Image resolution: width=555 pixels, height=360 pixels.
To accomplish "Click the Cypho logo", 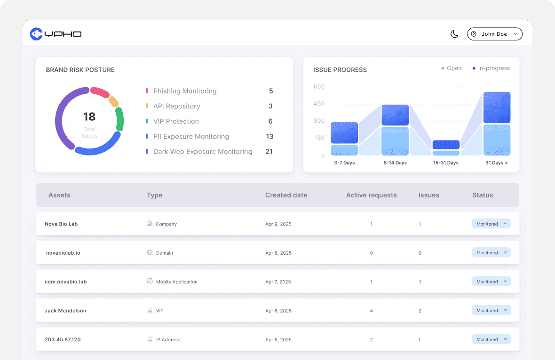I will click(55, 34).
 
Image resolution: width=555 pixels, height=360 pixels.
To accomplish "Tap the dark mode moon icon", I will click(454, 34).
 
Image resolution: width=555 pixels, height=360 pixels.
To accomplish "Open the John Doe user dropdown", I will click(494, 34).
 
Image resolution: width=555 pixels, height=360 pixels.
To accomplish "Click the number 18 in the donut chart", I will click(89, 117).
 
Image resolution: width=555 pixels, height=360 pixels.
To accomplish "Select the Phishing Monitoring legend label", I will click(185, 91).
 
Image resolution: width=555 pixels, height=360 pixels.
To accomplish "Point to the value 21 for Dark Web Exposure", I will click(269, 152).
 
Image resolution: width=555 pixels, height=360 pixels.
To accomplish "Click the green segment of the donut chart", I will click(120, 119).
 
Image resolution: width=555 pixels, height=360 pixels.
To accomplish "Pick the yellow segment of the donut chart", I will click(113, 102).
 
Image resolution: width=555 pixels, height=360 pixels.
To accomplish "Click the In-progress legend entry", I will click(493, 68).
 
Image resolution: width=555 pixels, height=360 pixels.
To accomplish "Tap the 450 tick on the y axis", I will click(319, 104).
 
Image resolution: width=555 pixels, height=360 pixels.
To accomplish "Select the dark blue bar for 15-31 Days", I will click(446, 145).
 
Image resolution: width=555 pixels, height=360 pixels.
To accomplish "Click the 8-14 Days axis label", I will click(395, 163).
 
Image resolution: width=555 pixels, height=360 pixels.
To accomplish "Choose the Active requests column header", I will click(371, 195).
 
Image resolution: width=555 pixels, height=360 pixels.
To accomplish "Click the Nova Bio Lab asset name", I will click(61, 224).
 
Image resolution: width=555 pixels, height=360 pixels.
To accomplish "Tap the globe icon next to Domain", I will click(150, 252).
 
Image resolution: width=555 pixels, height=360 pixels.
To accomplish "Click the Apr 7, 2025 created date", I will click(278, 282).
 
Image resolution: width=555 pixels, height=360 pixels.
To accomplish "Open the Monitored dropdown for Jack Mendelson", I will click(491, 311).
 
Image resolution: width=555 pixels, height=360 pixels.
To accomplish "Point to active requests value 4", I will click(371, 311).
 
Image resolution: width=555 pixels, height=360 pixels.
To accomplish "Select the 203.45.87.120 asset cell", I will click(63, 339).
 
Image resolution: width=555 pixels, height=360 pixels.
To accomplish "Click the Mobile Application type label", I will click(176, 282).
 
